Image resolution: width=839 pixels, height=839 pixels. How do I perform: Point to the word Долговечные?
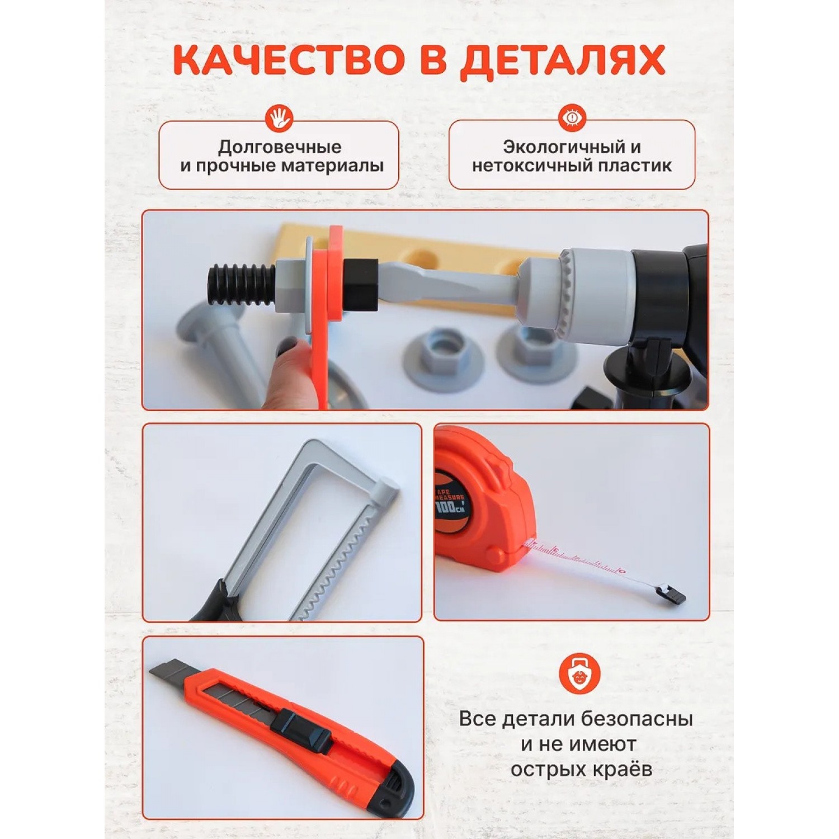[x=279, y=147]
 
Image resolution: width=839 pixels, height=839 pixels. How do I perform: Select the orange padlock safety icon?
[x=579, y=673]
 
